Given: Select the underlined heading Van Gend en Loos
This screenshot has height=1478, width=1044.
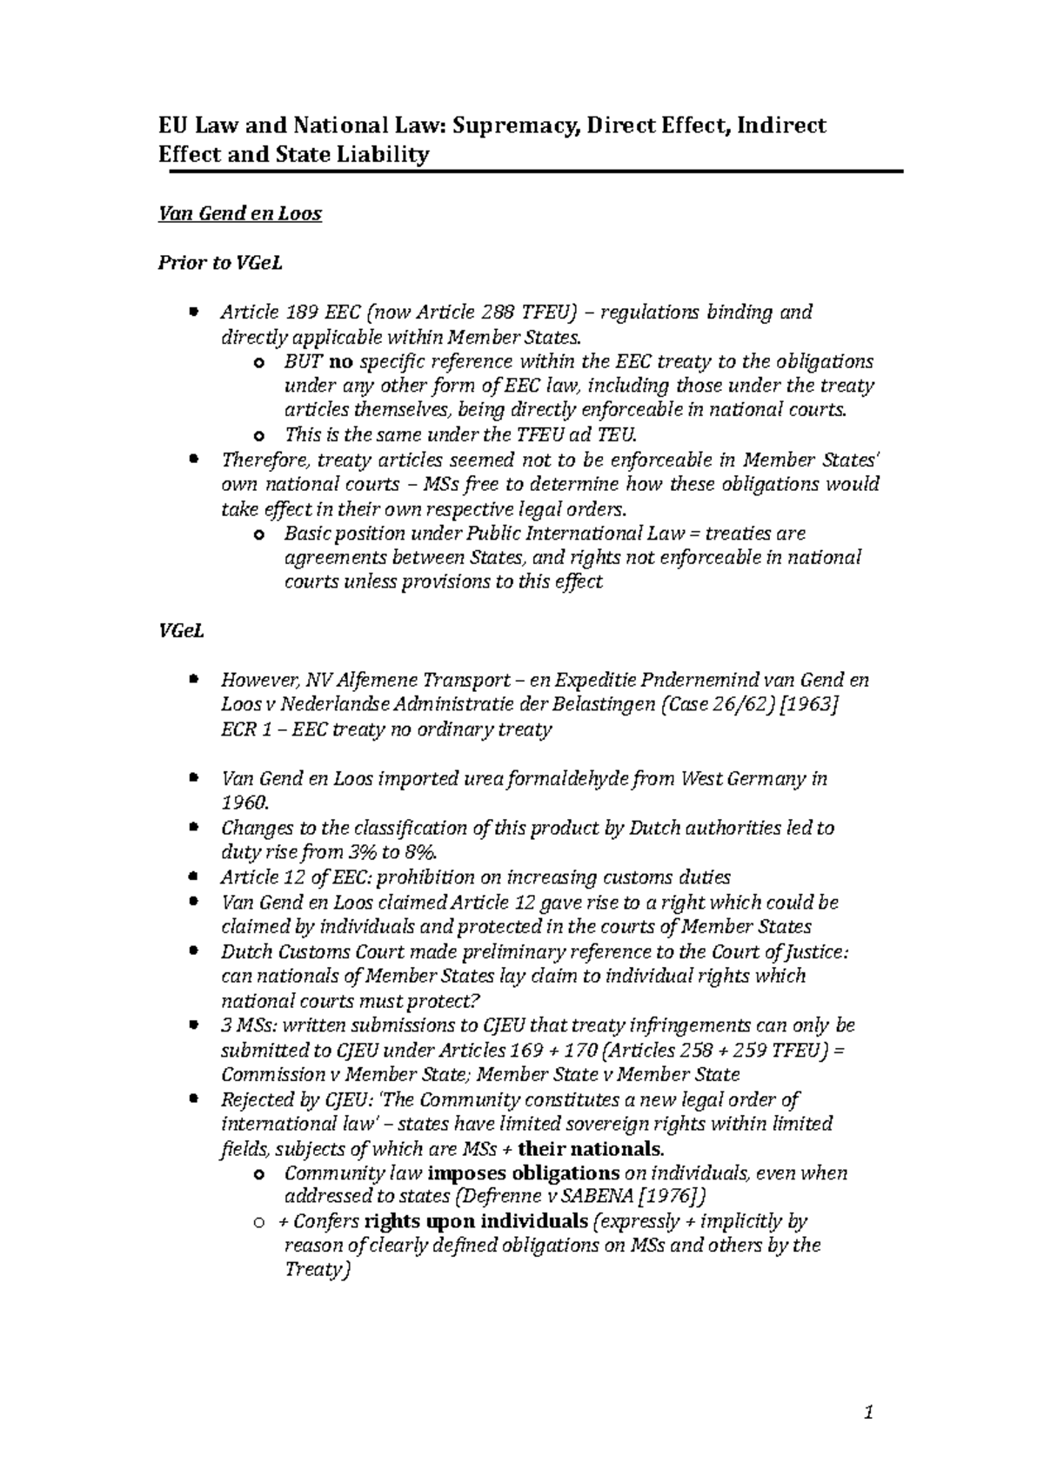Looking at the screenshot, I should click(239, 213).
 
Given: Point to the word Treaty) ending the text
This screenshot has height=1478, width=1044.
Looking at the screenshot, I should click(317, 1270).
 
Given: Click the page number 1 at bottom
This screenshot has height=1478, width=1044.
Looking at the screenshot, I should click(867, 1414).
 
